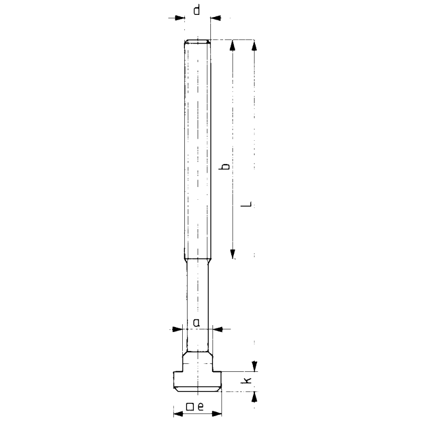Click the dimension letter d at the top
point(197,10)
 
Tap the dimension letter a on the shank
point(197,322)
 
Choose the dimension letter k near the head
point(246,381)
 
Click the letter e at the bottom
point(201,407)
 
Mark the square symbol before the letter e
point(190,407)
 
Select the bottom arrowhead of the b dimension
point(232,253)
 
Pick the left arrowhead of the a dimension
point(178,329)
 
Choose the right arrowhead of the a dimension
point(216,329)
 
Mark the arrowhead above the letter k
point(254,367)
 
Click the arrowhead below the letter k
point(254,396)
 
